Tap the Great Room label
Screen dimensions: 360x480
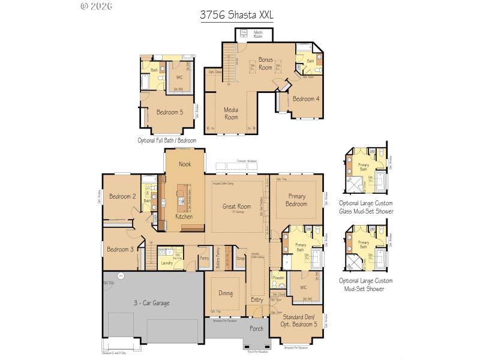click(x=236, y=206)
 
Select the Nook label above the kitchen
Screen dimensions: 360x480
click(x=185, y=164)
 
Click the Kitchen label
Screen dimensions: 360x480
click(x=184, y=217)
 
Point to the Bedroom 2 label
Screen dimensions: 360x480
click(x=122, y=196)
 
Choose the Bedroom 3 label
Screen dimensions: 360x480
click(x=120, y=249)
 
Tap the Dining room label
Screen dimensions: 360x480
click(x=226, y=293)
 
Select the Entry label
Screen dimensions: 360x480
click(x=257, y=299)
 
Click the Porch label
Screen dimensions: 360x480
click(x=256, y=328)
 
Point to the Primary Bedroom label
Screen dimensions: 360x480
click(x=296, y=200)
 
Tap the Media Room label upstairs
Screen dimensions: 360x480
click(x=231, y=113)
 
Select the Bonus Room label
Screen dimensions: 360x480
click(x=265, y=64)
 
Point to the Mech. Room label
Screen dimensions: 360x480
click(x=258, y=34)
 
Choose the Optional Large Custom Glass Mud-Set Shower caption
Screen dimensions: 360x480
click(x=365, y=206)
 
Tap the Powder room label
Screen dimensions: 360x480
click(x=278, y=278)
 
